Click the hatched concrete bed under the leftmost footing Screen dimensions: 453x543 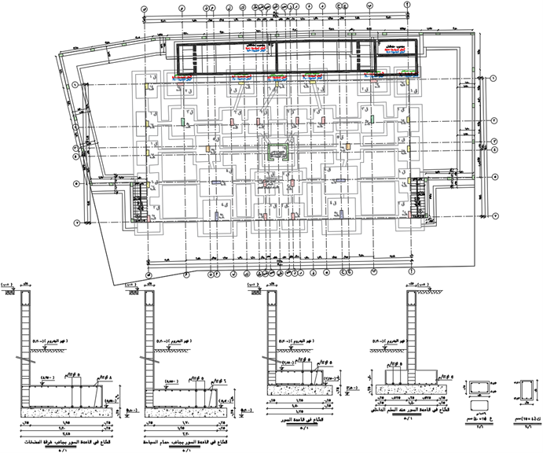(70, 410)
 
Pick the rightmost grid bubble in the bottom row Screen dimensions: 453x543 (409, 273)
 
